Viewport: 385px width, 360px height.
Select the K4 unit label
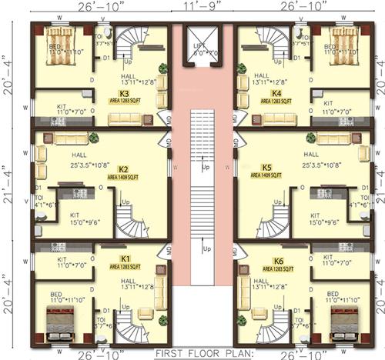point(275,93)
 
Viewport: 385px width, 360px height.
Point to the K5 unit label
point(268,167)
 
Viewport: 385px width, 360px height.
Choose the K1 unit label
point(126,258)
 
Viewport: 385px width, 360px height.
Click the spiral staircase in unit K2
point(130,218)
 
